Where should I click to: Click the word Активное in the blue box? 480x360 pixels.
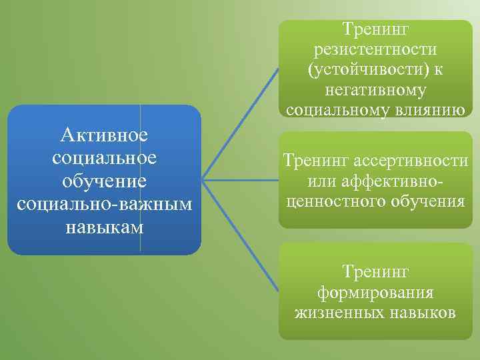click(103, 135)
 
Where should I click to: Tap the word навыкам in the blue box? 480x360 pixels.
click(103, 226)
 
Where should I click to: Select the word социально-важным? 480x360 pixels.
click(103, 203)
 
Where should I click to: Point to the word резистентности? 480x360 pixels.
click(374, 49)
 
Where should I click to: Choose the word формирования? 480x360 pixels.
click(375, 292)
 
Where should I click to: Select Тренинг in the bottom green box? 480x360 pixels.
click(375, 271)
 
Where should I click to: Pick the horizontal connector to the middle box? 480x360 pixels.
click(240, 179)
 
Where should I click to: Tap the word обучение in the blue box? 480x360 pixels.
click(103, 181)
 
